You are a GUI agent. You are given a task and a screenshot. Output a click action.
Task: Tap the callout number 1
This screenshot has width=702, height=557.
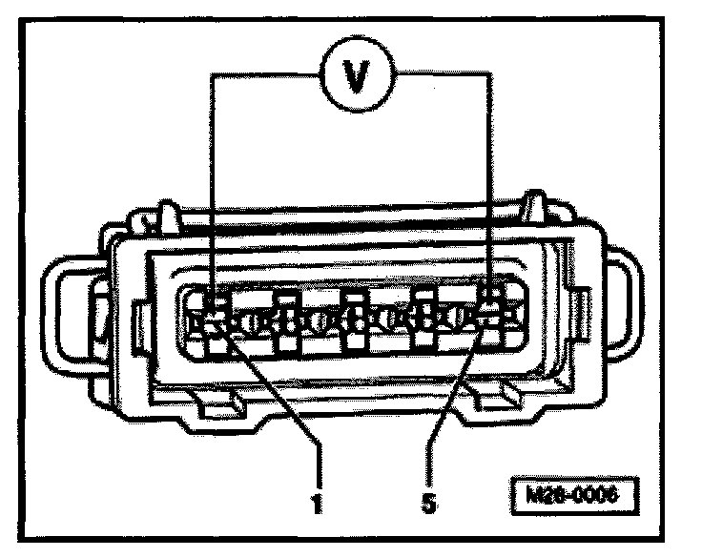pos(315,500)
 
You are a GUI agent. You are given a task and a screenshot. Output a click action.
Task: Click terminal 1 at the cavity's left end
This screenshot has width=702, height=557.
pos(213,320)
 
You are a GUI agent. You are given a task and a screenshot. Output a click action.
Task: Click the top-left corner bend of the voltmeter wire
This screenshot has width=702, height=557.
pos(213,78)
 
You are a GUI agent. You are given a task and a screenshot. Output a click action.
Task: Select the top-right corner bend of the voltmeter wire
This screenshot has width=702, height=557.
pos(489,78)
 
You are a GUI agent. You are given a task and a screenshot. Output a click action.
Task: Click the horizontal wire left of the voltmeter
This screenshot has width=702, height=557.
pos(267,78)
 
